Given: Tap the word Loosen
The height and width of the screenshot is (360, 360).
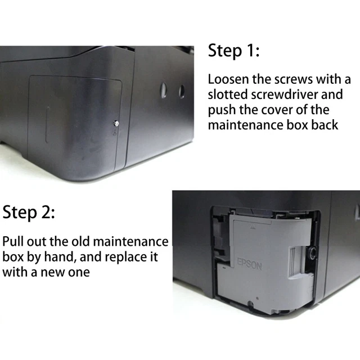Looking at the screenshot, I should [x=228, y=79].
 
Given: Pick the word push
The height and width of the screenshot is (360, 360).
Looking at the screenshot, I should [x=220, y=110].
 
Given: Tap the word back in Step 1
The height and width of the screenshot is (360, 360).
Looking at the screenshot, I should [x=324, y=124].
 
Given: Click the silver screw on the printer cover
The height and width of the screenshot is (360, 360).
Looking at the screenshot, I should [x=116, y=123].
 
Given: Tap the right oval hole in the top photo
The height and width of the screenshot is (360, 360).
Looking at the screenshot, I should [x=182, y=91].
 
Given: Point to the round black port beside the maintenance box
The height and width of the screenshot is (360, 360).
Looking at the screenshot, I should [x=311, y=249].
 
